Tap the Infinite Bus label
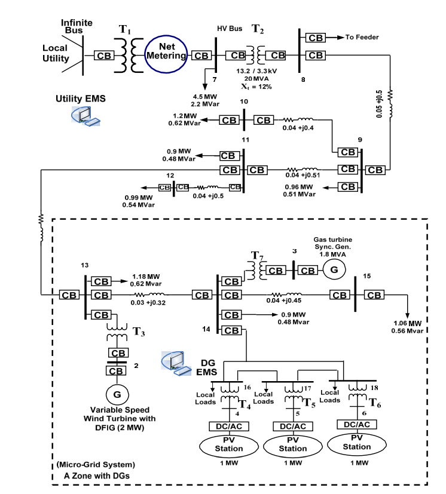click(77, 26)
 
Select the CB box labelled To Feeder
click(315, 38)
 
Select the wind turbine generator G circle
click(113, 394)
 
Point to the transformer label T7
click(256, 256)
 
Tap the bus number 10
click(243, 102)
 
